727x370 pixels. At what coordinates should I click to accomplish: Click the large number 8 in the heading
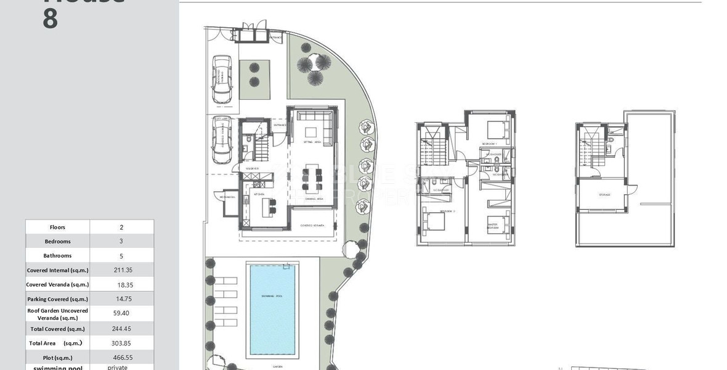coord(51,18)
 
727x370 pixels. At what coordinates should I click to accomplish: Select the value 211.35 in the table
coord(122,270)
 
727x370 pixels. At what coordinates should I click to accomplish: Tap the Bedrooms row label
coord(58,242)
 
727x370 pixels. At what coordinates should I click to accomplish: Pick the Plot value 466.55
coord(122,357)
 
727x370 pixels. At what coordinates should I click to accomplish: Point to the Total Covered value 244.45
coord(122,329)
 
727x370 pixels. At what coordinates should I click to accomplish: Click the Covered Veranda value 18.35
coord(125,285)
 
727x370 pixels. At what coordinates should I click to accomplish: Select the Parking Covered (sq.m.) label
coord(58,299)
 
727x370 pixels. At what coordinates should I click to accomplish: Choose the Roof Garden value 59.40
coord(122,313)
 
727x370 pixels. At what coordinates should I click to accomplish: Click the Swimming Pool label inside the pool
coord(271,297)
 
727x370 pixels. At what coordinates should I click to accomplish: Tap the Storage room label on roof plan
coord(604,195)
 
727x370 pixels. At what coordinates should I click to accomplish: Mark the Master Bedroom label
coord(493,226)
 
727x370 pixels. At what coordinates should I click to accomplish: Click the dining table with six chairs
coord(312,177)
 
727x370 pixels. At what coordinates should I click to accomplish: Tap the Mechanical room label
coord(227,197)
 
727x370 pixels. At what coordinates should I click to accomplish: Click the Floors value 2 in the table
coord(122,227)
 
